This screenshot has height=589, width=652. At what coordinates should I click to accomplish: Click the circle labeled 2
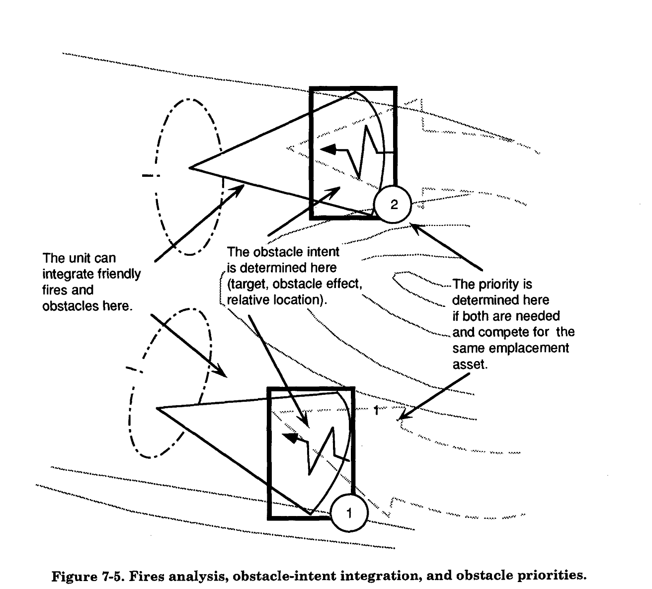coord(393,204)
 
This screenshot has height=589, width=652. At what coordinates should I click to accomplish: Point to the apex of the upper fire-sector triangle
coord(190,168)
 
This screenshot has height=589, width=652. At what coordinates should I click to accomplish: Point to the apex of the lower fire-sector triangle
coord(157,408)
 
